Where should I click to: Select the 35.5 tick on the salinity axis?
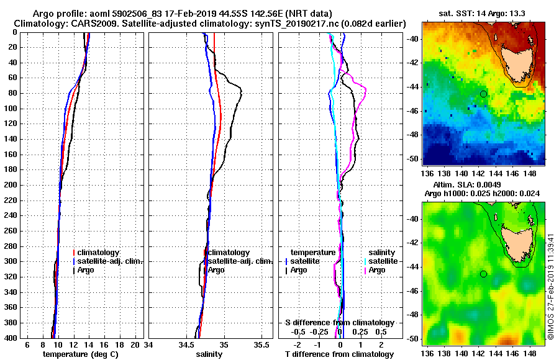click(x=262, y=344)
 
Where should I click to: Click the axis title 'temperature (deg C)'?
click(x=80, y=354)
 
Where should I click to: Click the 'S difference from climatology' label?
click(x=340, y=323)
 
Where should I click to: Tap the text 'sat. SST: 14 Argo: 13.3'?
click(x=482, y=14)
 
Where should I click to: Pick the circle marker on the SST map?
click(x=483, y=94)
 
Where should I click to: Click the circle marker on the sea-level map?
click(x=483, y=274)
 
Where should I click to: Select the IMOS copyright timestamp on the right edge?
click(x=551, y=286)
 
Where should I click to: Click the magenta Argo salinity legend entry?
click(x=375, y=270)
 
